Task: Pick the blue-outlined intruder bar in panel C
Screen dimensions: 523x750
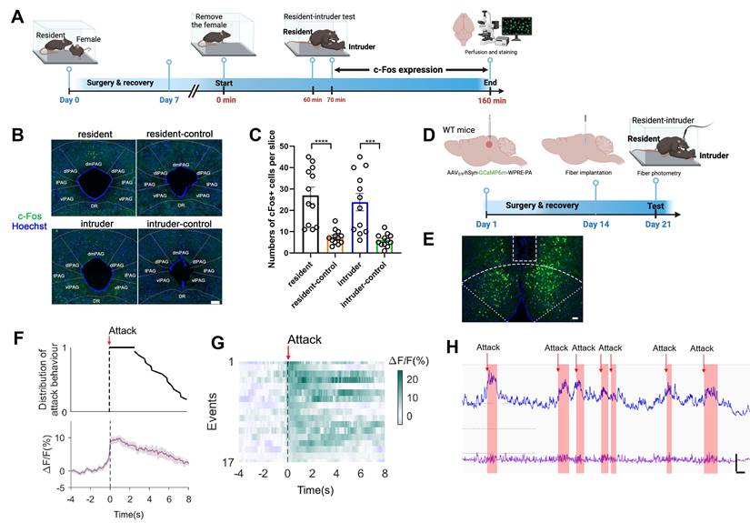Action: coord(362,227)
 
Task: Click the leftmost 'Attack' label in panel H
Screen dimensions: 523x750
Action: coord(487,347)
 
